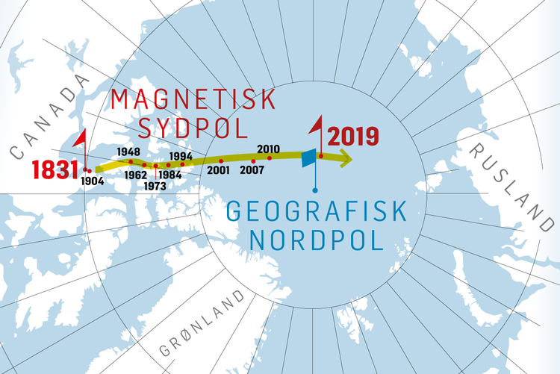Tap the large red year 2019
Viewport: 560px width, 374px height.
tap(354, 137)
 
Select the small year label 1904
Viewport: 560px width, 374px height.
tap(93, 181)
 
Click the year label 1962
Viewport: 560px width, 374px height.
tap(136, 175)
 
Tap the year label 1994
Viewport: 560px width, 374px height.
tap(182, 155)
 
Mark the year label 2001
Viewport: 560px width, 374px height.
tap(219, 170)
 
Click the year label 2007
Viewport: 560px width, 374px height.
tap(252, 169)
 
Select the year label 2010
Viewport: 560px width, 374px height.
tap(268, 149)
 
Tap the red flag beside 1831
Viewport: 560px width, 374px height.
tap(81, 140)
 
